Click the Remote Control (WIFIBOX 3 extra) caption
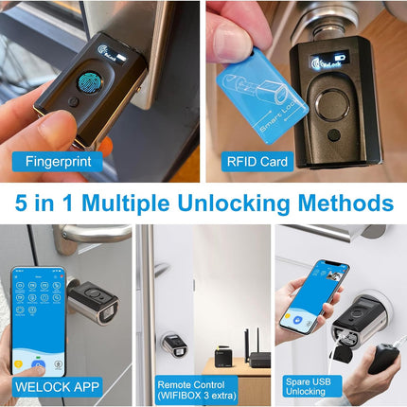(x=202, y=385)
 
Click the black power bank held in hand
(x=383, y=355)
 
